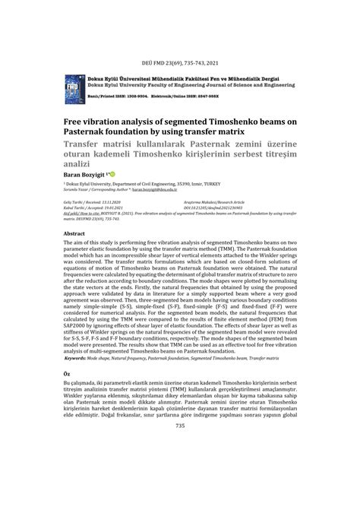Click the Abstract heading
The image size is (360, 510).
point(74,234)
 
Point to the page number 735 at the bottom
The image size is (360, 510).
point(179,426)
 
